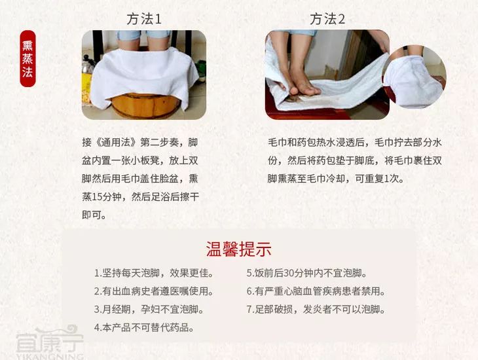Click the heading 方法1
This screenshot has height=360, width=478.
[144, 19]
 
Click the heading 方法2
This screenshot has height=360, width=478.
[327, 19]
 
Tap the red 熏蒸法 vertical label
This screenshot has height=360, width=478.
[28, 58]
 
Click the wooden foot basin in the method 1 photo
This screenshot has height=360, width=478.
[146, 106]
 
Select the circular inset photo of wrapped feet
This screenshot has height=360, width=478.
[414, 77]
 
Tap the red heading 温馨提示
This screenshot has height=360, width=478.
[239, 249]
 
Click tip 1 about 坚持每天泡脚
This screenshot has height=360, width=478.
[154, 273]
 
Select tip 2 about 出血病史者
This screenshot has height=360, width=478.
[154, 291]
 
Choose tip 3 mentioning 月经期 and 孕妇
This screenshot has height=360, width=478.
[149, 310]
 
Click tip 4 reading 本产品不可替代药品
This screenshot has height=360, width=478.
[144, 328]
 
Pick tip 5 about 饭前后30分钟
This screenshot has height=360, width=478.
[306, 273]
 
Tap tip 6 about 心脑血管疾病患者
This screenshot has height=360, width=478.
[316, 291]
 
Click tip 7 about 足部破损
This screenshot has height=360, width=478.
[316, 310]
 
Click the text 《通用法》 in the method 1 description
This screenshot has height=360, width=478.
[116, 143]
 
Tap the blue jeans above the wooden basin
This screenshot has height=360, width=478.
[143, 35]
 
